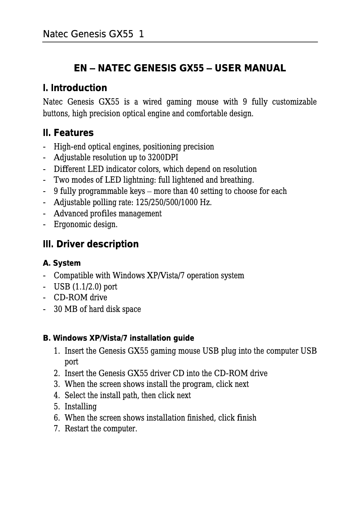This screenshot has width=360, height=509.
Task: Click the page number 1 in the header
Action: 141,34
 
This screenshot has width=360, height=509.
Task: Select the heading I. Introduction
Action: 75,88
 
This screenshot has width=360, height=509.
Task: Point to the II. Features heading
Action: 68,133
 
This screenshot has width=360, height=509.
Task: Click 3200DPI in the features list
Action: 163,158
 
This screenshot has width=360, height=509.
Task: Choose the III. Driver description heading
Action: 90,244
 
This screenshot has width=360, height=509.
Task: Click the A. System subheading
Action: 61,263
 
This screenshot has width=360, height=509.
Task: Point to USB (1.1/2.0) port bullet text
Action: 85,286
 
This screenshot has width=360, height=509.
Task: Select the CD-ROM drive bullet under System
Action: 80,298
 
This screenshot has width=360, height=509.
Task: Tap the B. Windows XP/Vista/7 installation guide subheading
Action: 119,338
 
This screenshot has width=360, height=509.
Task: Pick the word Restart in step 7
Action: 77,429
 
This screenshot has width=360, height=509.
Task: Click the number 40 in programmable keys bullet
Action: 193,191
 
